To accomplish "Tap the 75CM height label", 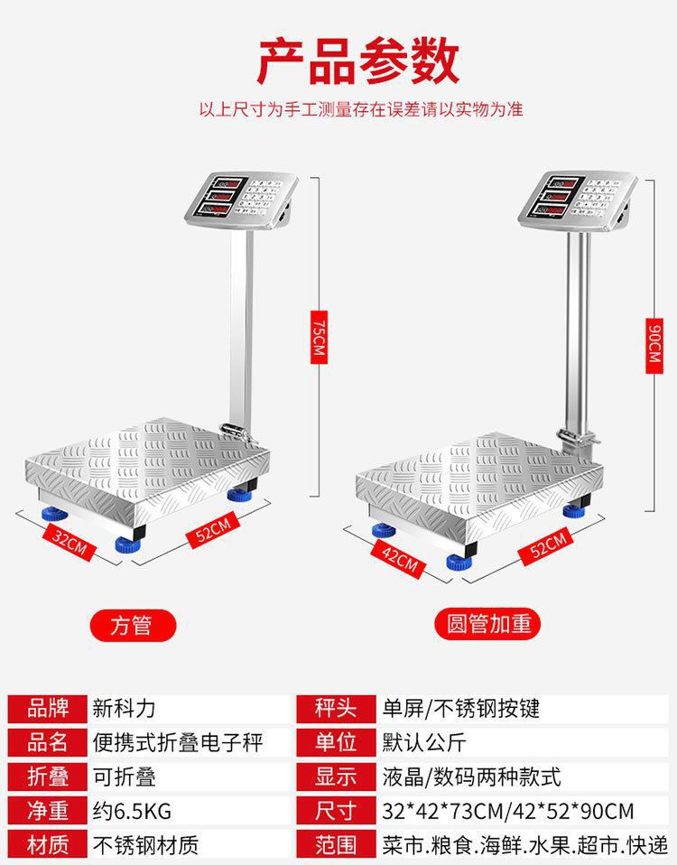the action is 317,338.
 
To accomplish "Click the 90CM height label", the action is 656,344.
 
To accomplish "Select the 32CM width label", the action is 70,543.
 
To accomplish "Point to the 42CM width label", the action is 399,560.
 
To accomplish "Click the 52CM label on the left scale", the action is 213,528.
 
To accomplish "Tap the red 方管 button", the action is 132,625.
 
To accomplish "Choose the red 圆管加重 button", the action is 489,625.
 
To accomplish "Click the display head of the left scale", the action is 243,196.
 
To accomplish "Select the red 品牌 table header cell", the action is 48,708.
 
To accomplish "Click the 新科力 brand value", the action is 125,708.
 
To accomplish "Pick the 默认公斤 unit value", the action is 422,742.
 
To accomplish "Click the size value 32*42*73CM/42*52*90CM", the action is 506,811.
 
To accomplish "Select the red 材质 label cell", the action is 48,845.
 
